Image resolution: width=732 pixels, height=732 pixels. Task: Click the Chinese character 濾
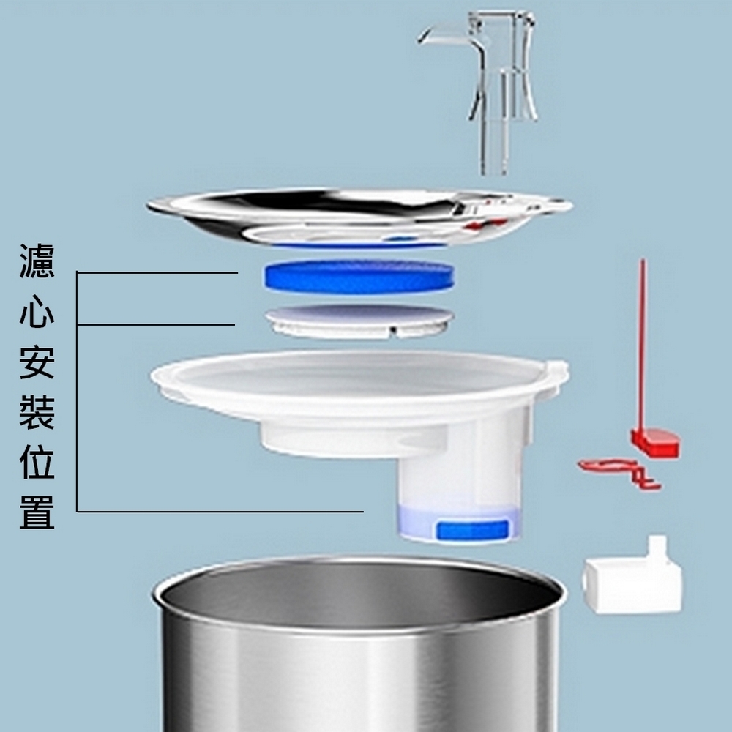tap(37, 261)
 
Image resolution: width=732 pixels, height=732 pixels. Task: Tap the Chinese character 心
tap(37, 311)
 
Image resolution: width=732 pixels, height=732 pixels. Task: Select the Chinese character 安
tap(37, 362)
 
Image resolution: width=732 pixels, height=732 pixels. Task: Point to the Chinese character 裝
tap(37, 412)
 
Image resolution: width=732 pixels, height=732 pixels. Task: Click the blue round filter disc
tap(359, 277)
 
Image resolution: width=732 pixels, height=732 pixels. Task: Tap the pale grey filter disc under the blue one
tap(359, 321)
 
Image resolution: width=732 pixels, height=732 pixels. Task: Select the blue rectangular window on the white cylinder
tap(471, 530)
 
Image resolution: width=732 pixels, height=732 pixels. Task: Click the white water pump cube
tap(632, 580)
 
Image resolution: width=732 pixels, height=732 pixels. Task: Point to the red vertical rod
tap(643, 346)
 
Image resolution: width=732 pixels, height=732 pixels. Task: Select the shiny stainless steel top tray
tap(359, 217)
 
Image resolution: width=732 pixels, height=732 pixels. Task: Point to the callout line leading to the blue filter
tap(157, 272)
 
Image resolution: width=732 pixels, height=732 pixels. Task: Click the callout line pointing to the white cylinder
tap(220, 512)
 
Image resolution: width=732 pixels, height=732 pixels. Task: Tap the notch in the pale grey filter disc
tap(393, 331)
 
